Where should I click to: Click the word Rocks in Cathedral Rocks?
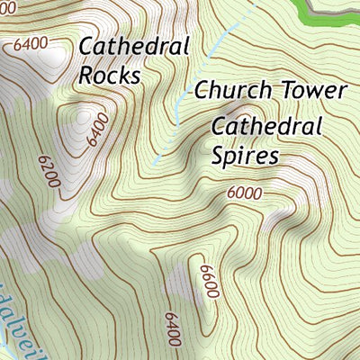[110, 75]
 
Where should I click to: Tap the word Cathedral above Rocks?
[134, 46]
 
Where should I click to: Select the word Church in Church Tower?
[225, 91]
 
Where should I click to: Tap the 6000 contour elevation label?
[244, 193]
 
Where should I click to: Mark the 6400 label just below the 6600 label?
[173, 329]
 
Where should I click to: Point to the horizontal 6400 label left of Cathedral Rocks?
[31, 42]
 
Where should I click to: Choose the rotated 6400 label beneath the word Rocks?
[96, 130]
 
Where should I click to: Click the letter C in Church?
[202, 91]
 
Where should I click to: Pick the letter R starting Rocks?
[86, 75]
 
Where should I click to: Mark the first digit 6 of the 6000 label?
[230, 193]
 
